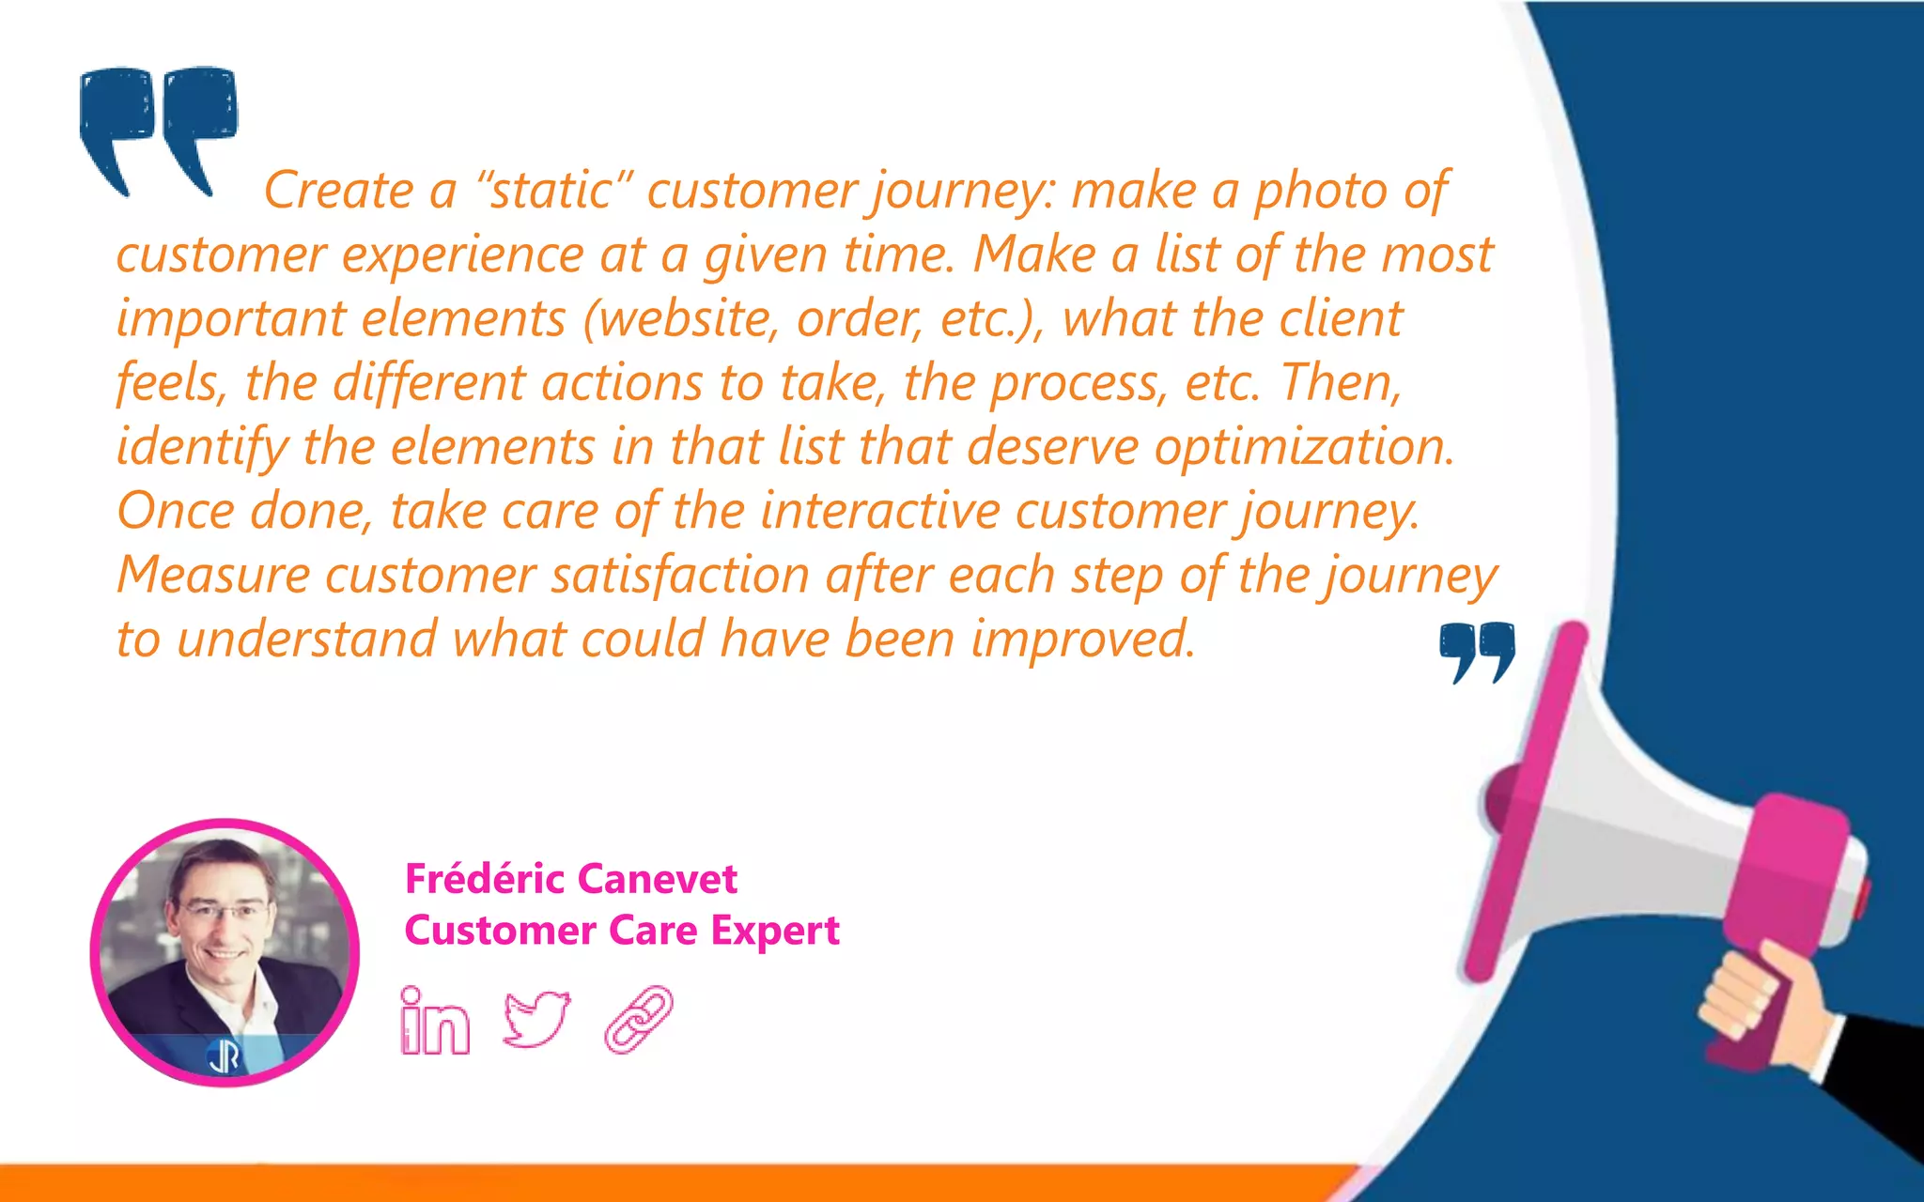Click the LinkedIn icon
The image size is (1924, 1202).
(434, 1021)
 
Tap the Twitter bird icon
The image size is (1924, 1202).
(536, 1018)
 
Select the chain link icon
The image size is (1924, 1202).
(639, 1019)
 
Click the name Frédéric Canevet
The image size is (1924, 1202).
(570, 879)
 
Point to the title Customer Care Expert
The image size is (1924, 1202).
(622, 931)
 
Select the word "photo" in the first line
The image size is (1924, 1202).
(1321, 193)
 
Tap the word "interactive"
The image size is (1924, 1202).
(879, 512)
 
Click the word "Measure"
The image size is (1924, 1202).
(213, 575)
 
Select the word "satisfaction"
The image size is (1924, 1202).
(679, 575)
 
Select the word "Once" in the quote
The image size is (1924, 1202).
(176, 512)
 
